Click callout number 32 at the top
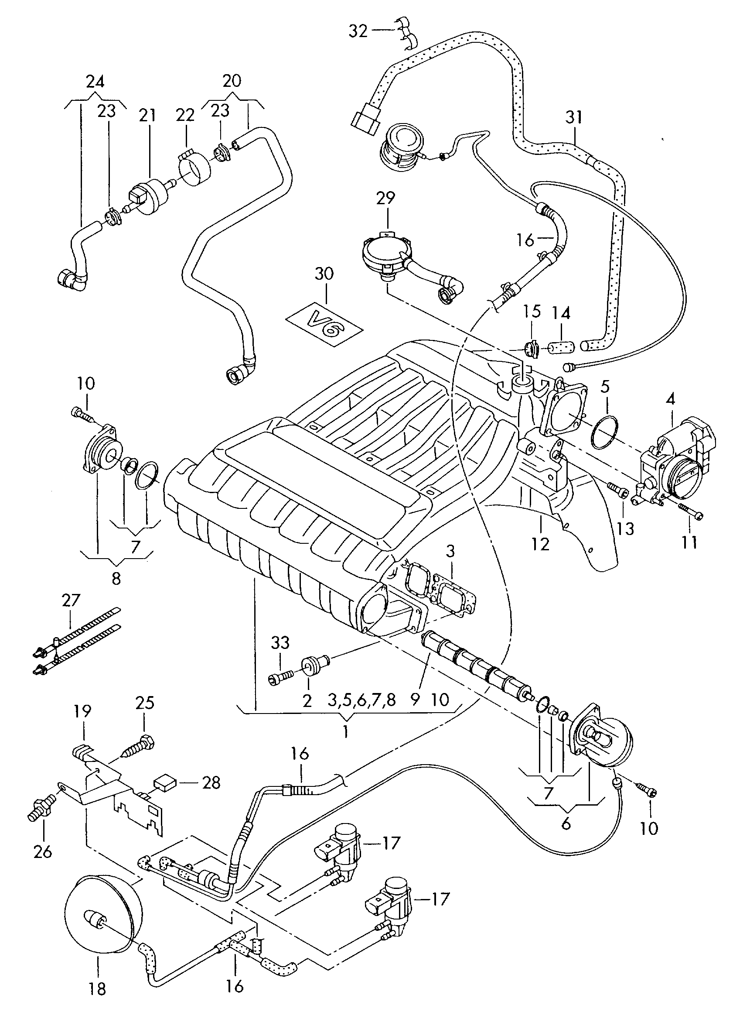pyautogui.click(x=358, y=31)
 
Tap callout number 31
pyautogui.click(x=573, y=118)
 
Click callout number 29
pyautogui.click(x=385, y=198)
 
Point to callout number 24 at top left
pyautogui.click(x=95, y=82)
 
